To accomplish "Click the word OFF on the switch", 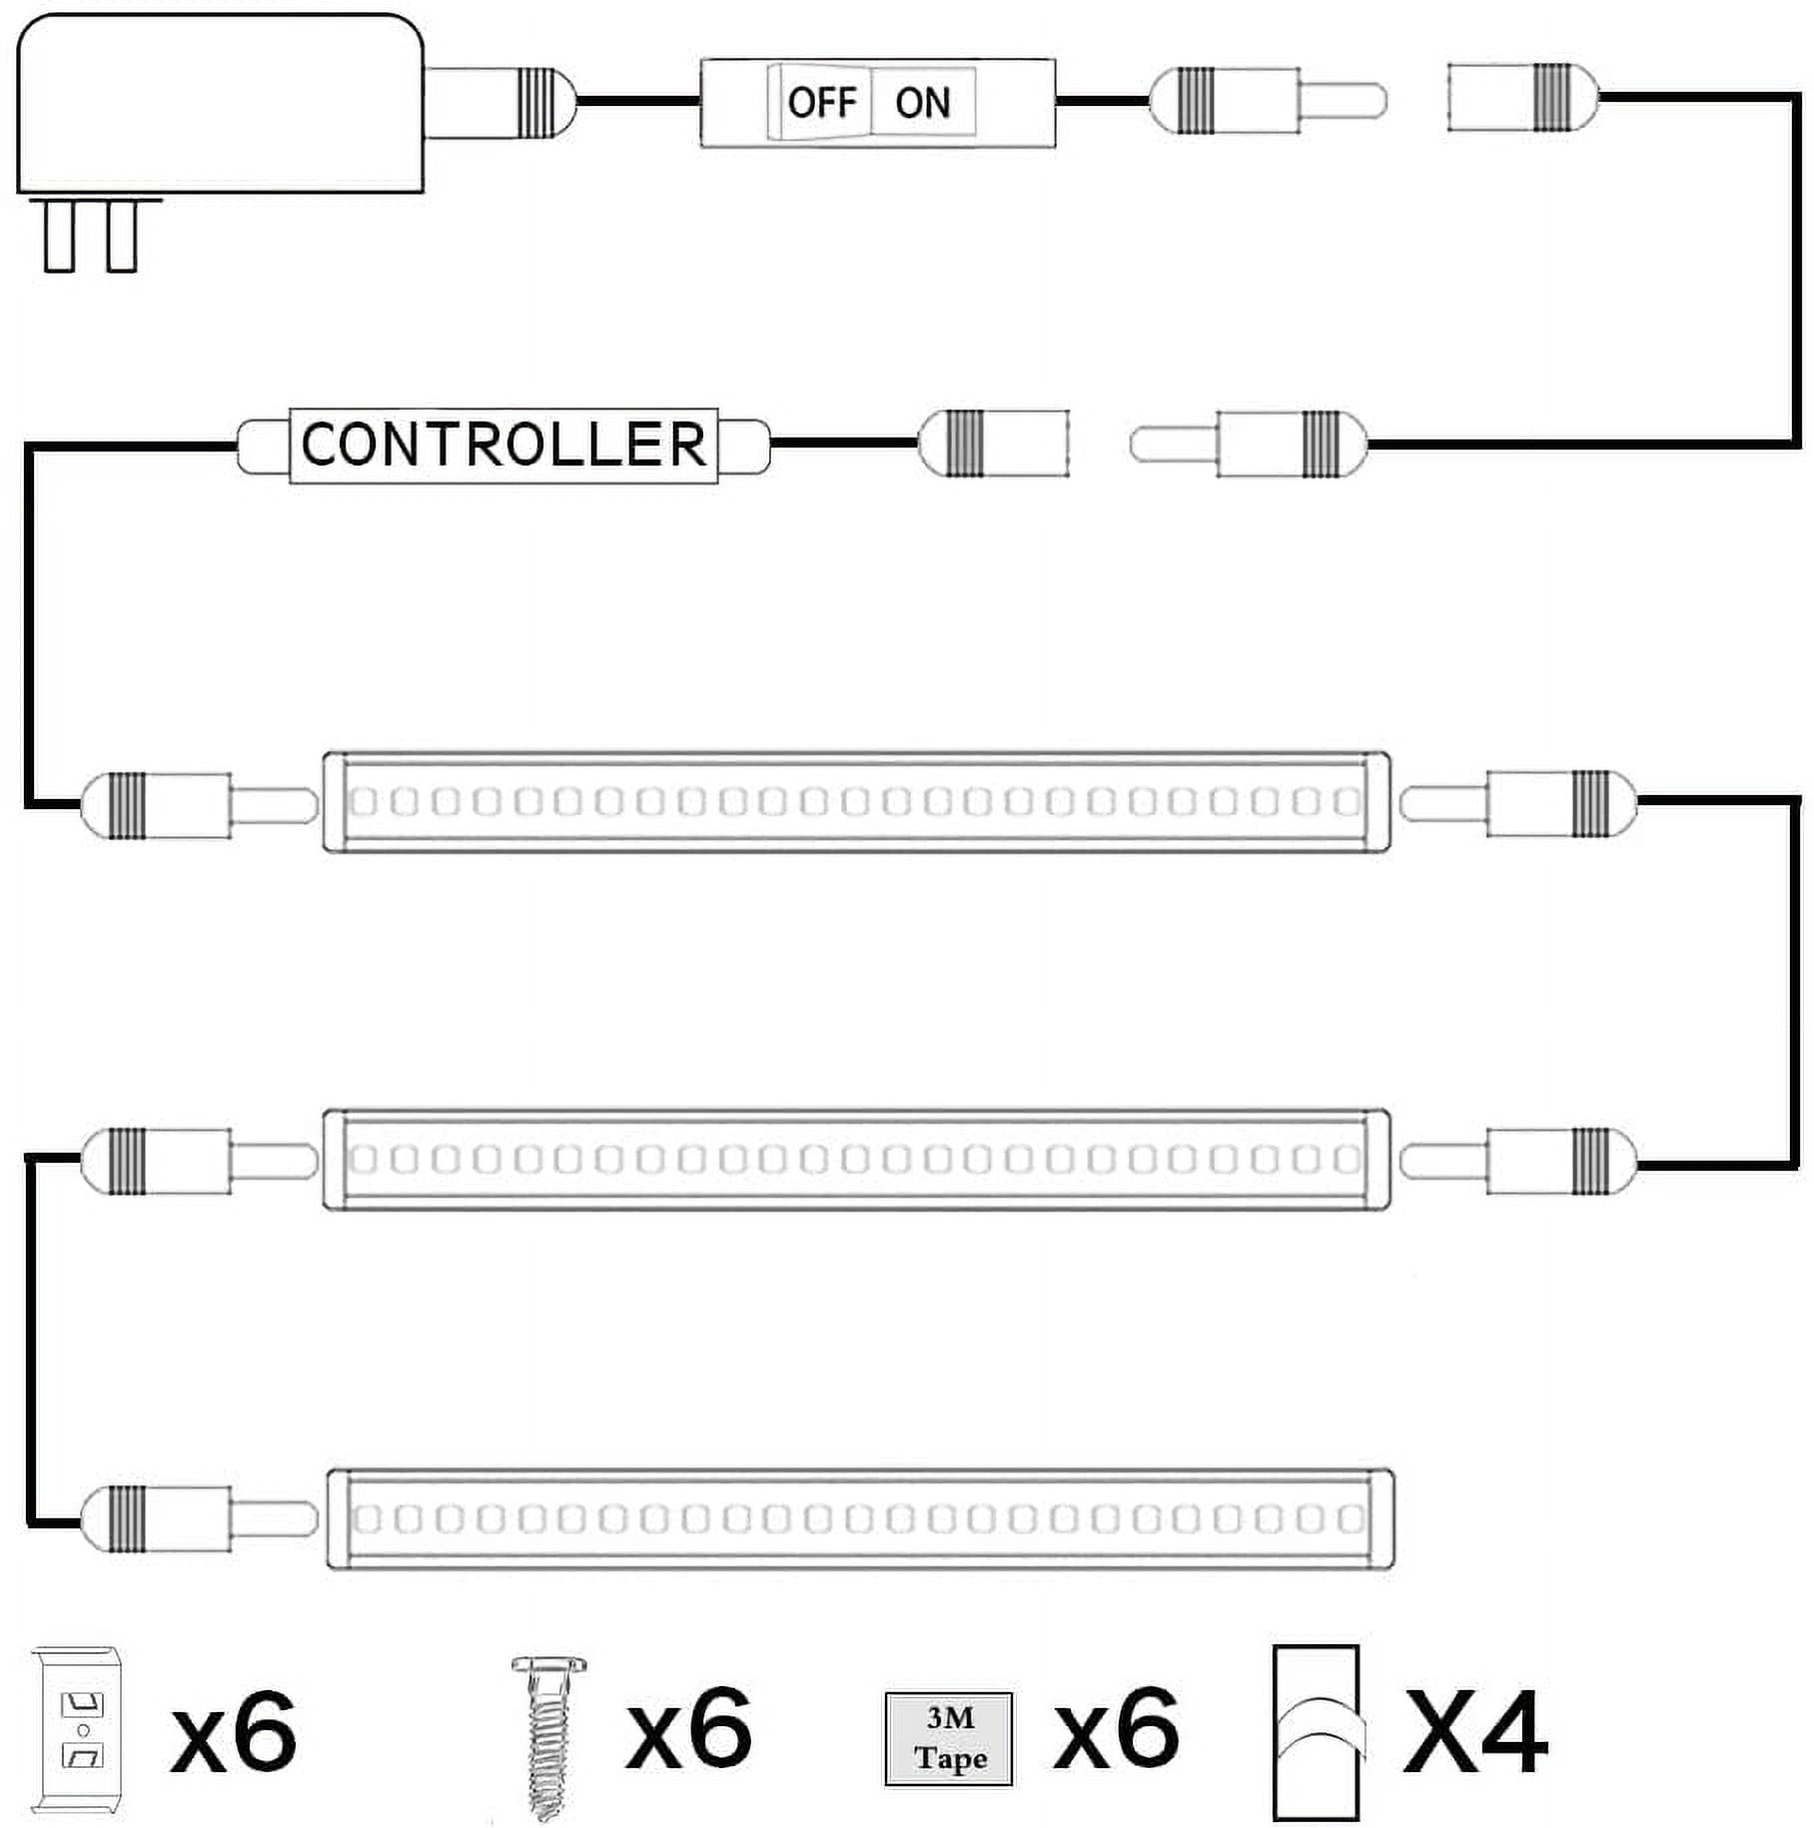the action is pyautogui.click(x=821, y=102).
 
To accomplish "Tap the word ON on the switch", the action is pyautogui.click(x=922, y=102).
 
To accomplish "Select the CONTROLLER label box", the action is pyautogui.click(x=503, y=445).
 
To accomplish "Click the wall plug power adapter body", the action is pyautogui.click(x=221, y=102).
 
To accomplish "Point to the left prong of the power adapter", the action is pyautogui.click(x=59, y=235).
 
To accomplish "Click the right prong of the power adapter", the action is pyautogui.click(x=121, y=235).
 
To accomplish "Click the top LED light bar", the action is pyautogui.click(x=856, y=802).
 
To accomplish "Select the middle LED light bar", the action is pyautogui.click(x=856, y=1160).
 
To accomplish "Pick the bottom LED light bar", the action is pyautogui.click(x=860, y=1518).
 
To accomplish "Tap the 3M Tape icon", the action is pyautogui.click(x=949, y=1739).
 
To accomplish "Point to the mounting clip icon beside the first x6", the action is pyautogui.click(x=77, y=1729).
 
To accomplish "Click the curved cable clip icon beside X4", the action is pyautogui.click(x=1317, y=1732).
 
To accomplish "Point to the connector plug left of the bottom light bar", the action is pyautogui.click(x=199, y=1518).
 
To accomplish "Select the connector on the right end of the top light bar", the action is pyautogui.click(x=1517, y=803).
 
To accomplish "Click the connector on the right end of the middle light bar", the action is pyautogui.click(x=1517, y=1161).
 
